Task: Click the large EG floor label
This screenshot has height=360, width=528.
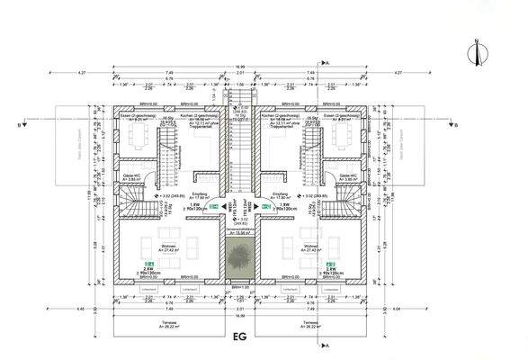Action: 240,337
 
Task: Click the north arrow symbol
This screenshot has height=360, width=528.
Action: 495,40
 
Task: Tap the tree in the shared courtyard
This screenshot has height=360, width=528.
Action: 239,258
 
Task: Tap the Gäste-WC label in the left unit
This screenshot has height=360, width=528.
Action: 131,177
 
